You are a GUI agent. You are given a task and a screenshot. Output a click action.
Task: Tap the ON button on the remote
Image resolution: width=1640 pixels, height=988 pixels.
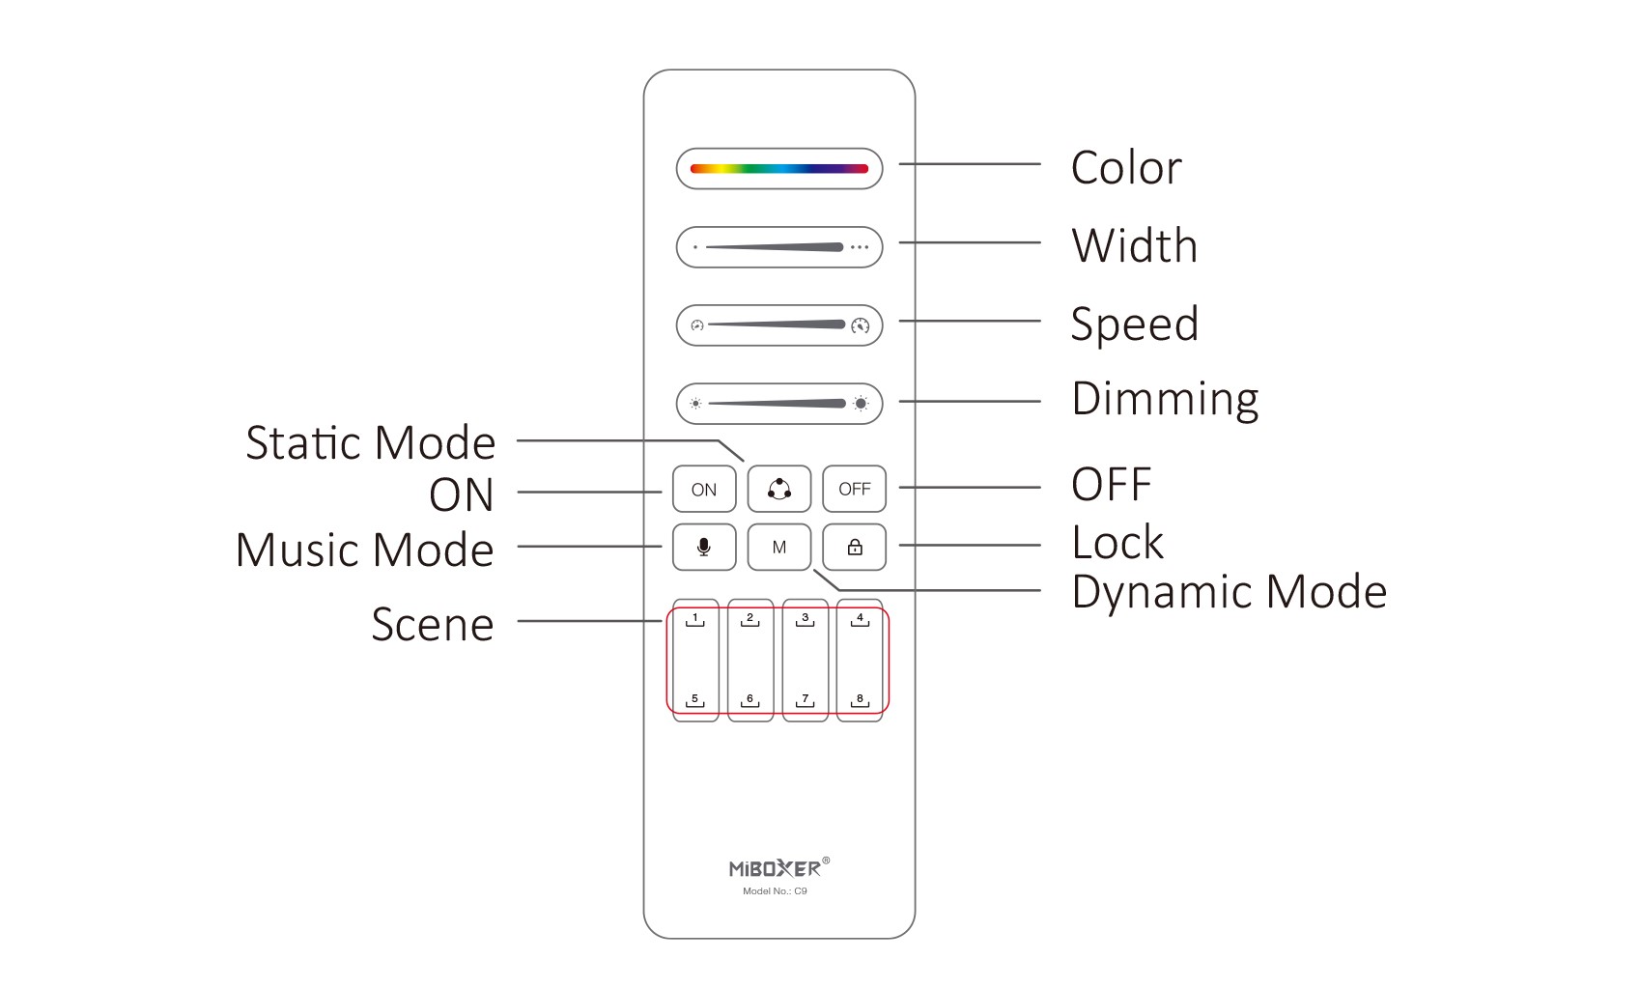pyautogui.click(x=704, y=490)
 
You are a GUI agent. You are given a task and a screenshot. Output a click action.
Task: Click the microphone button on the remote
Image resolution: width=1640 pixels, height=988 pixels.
pyautogui.click(x=704, y=548)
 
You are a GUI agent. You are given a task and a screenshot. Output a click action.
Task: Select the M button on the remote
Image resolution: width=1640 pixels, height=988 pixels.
pyautogui.click(x=779, y=548)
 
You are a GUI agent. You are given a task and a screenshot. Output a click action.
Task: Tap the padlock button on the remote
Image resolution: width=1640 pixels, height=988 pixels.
pyautogui.click(x=855, y=548)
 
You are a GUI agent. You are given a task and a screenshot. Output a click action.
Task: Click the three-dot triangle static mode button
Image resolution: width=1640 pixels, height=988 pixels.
pyautogui.click(x=779, y=489)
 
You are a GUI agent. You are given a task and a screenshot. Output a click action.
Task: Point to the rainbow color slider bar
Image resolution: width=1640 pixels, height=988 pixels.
pyautogui.click(x=779, y=169)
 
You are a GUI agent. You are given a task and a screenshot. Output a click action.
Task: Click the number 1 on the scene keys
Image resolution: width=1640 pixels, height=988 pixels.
pyautogui.click(x=694, y=618)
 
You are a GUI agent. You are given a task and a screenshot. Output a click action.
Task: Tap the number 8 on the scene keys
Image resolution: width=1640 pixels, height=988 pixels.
pyautogui.click(x=860, y=699)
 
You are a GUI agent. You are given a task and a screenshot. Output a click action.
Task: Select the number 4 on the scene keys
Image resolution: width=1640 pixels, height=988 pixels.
pyautogui.click(x=860, y=618)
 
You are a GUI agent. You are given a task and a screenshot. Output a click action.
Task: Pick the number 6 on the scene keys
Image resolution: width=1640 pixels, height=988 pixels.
pyautogui.click(x=749, y=699)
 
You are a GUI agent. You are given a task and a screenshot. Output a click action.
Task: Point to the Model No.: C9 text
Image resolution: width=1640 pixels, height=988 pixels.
pyautogui.click(x=775, y=891)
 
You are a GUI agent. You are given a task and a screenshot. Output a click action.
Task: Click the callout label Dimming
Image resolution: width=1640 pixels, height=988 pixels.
pyautogui.click(x=1165, y=399)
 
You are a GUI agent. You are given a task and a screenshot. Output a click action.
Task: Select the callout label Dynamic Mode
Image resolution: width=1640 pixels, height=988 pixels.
pyautogui.click(x=1229, y=592)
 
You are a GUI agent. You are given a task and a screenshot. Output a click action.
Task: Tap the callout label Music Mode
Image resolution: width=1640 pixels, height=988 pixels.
pyautogui.click(x=365, y=550)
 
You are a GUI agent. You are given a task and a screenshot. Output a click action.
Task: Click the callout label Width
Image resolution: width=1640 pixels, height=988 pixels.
pyautogui.click(x=1135, y=245)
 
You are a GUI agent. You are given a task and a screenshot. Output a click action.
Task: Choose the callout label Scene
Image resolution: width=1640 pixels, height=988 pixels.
pyautogui.click(x=433, y=625)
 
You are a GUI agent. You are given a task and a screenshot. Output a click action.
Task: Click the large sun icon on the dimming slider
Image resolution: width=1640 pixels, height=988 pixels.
pyautogui.click(x=861, y=404)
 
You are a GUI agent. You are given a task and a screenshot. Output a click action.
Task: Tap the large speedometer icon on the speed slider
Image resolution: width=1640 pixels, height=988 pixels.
pyautogui.click(x=861, y=325)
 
